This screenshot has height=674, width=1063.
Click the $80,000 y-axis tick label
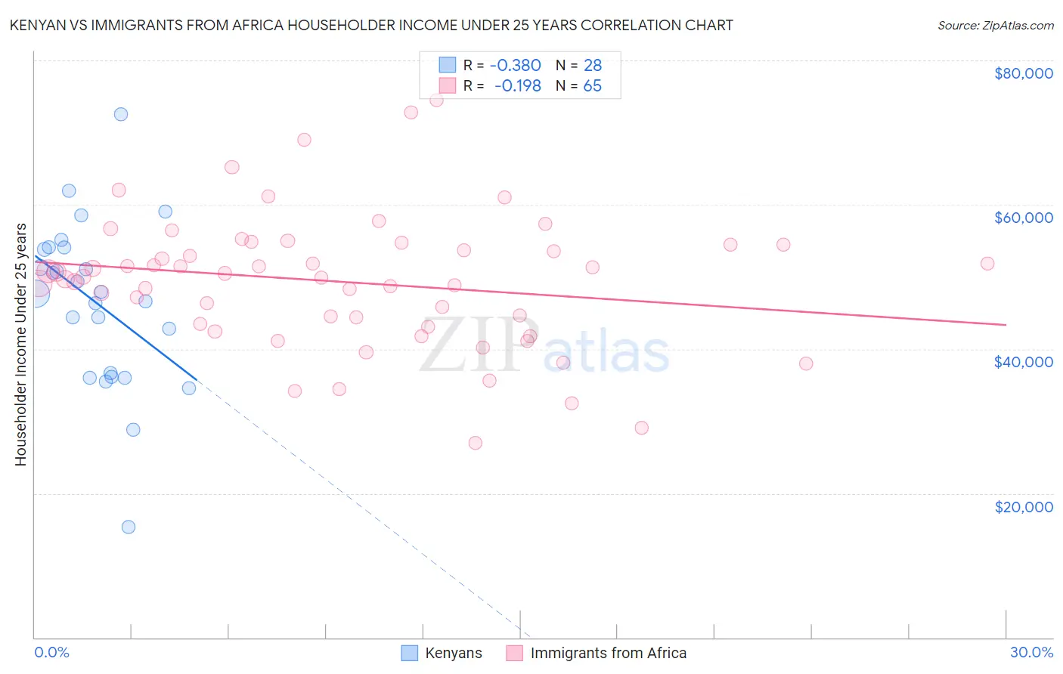[1024, 73]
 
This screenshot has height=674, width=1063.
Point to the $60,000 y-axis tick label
[1024, 218]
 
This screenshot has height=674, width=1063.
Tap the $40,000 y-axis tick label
[1024, 362]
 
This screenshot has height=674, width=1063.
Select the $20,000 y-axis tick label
[1024, 506]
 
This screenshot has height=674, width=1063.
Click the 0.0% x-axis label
[51, 652]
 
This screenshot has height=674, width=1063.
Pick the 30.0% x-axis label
[1031, 652]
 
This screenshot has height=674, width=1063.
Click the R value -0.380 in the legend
[515, 65]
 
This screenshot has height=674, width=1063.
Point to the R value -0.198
[517, 85]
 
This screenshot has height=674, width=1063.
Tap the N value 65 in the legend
[592, 85]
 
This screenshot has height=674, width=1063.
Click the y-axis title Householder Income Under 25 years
[21, 344]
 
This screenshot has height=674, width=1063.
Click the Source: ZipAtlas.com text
[995, 26]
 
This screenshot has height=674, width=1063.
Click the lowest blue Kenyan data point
[129, 527]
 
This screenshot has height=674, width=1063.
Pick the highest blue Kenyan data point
[121, 114]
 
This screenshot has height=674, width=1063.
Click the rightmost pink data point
[987, 264]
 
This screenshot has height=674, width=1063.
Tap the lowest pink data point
[476, 443]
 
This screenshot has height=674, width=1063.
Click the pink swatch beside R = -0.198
[448, 85]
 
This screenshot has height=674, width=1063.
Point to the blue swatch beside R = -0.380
[448, 65]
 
